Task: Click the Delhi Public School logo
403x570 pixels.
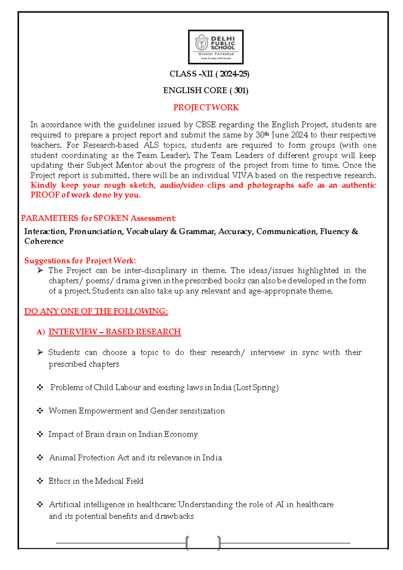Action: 216,47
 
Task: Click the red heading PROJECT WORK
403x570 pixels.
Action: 206,108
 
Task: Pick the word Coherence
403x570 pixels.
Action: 44,241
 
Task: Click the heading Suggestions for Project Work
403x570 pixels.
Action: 80,261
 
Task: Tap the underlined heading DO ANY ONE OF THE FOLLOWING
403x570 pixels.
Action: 96,311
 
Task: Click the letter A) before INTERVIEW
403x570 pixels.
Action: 41,332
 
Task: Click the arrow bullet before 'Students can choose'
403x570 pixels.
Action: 40,352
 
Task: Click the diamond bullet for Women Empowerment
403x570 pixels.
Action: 40,411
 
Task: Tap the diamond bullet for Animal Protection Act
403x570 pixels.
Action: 40,457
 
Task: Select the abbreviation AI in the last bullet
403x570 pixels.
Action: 279,504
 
